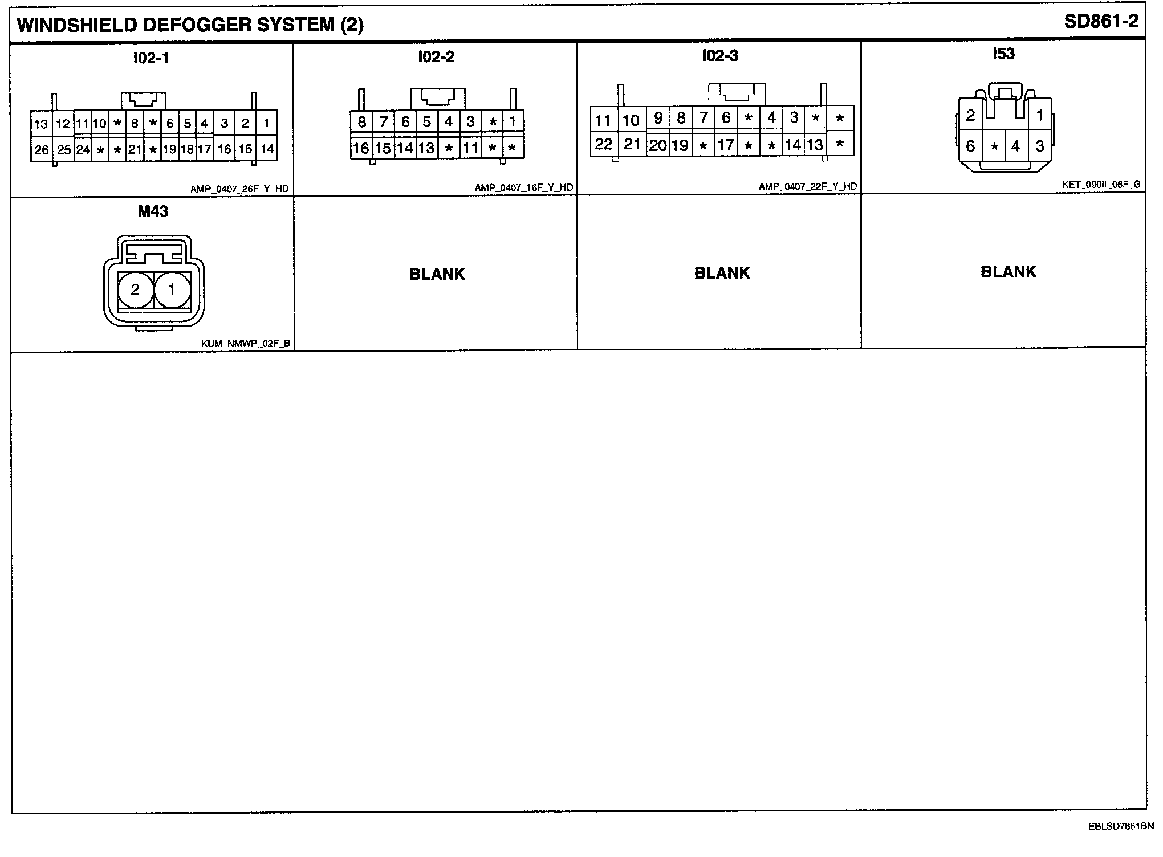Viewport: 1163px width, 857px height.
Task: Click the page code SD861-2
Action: (x=1101, y=22)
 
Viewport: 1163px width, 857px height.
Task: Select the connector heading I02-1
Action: (x=151, y=58)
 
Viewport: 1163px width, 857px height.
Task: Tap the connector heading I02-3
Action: (x=719, y=56)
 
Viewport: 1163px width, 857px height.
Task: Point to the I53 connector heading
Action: (x=1003, y=54)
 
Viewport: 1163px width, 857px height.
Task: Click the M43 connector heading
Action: (x=153, y=212)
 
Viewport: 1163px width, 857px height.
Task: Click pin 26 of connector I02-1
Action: (x=42, y=150)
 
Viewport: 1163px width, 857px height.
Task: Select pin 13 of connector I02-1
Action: (x=41, y=124)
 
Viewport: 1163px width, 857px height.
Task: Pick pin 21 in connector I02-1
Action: (x=135, y=150)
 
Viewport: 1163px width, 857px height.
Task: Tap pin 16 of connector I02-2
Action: (x=361, y=148)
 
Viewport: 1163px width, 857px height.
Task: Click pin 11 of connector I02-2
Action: (x=470, y=148)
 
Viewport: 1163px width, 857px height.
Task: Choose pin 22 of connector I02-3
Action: (x=603, y=144)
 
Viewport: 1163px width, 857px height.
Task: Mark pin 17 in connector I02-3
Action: (x=726, y=145)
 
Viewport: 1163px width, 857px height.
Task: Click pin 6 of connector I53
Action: (x=970, y=146)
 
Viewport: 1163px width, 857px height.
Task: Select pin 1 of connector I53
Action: (x=1039, y=116)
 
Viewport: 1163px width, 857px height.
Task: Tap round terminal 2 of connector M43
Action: (x=136, y=290)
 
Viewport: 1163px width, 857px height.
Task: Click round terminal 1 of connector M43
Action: (x=172, y=290)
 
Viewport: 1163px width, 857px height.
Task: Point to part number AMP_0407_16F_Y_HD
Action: (x=524, y=188)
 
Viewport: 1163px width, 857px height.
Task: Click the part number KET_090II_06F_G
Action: (x=1101, y=185)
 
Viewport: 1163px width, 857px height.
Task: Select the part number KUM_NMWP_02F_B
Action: (x=246, y=344)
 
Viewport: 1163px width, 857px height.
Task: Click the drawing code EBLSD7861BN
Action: (x=1121, y=826)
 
